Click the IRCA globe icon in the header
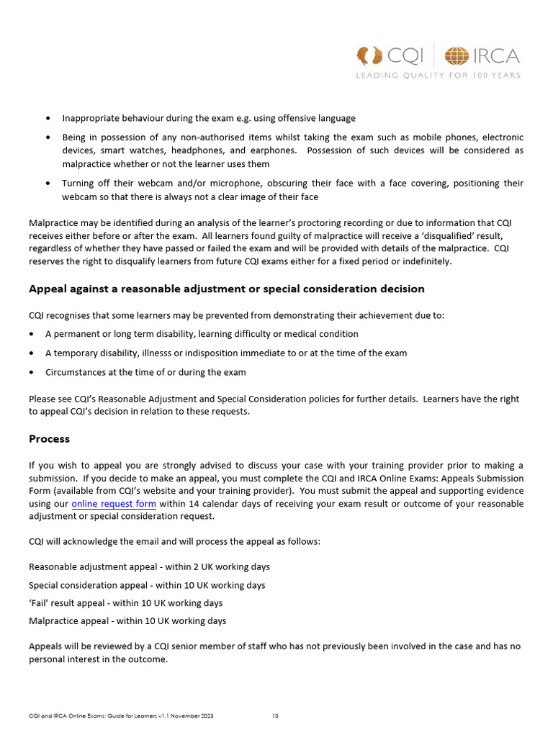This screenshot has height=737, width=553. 456,56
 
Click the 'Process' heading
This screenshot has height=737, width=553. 49,438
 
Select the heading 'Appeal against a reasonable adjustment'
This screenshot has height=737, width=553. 226,289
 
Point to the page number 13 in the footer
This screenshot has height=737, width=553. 275,716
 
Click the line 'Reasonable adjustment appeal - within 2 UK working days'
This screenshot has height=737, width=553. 149,567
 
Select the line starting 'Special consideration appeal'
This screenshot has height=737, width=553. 147,585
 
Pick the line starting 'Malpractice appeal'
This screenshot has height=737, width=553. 127,620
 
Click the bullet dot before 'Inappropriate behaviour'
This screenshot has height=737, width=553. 48,118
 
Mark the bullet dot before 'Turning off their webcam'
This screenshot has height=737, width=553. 48,184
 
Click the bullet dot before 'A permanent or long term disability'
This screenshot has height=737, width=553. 32,334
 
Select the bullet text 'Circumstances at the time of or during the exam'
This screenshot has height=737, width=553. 145,372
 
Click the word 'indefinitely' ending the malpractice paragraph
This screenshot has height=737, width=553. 425,261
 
